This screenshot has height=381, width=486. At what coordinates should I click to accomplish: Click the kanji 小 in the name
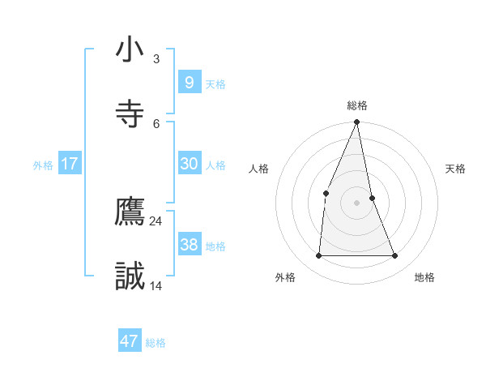coord(130,49)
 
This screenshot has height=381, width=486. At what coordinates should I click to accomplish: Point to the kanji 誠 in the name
coord(130,276)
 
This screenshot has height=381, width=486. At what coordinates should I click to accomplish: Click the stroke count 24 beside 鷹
coord(156,220)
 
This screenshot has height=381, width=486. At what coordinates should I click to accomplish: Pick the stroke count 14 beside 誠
coord(156,285)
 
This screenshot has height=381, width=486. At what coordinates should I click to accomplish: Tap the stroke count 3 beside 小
coord(156,58)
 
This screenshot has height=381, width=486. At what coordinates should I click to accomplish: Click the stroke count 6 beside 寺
coord(156,122)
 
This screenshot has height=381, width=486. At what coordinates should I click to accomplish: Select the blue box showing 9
coord(189,82)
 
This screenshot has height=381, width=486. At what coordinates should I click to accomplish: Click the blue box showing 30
coord(189,164)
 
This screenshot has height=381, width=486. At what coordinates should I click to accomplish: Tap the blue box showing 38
coord(189,244)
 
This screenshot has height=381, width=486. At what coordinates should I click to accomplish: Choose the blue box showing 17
coord(70,164)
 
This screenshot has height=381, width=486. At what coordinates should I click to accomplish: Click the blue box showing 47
coord(130,341)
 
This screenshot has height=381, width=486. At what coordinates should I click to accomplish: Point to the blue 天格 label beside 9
coord(215,83)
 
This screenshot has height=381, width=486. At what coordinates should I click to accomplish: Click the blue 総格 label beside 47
coord(156,343)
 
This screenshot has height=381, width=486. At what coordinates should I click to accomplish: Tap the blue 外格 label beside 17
coord(43,165)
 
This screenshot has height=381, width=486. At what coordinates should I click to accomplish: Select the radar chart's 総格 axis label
coord(357,105)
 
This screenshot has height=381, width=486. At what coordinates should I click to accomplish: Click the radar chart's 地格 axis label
coord(424,277)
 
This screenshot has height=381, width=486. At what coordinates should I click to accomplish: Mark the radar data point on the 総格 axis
coord(357,122)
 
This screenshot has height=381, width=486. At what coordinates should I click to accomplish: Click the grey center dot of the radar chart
coord(357,203)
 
